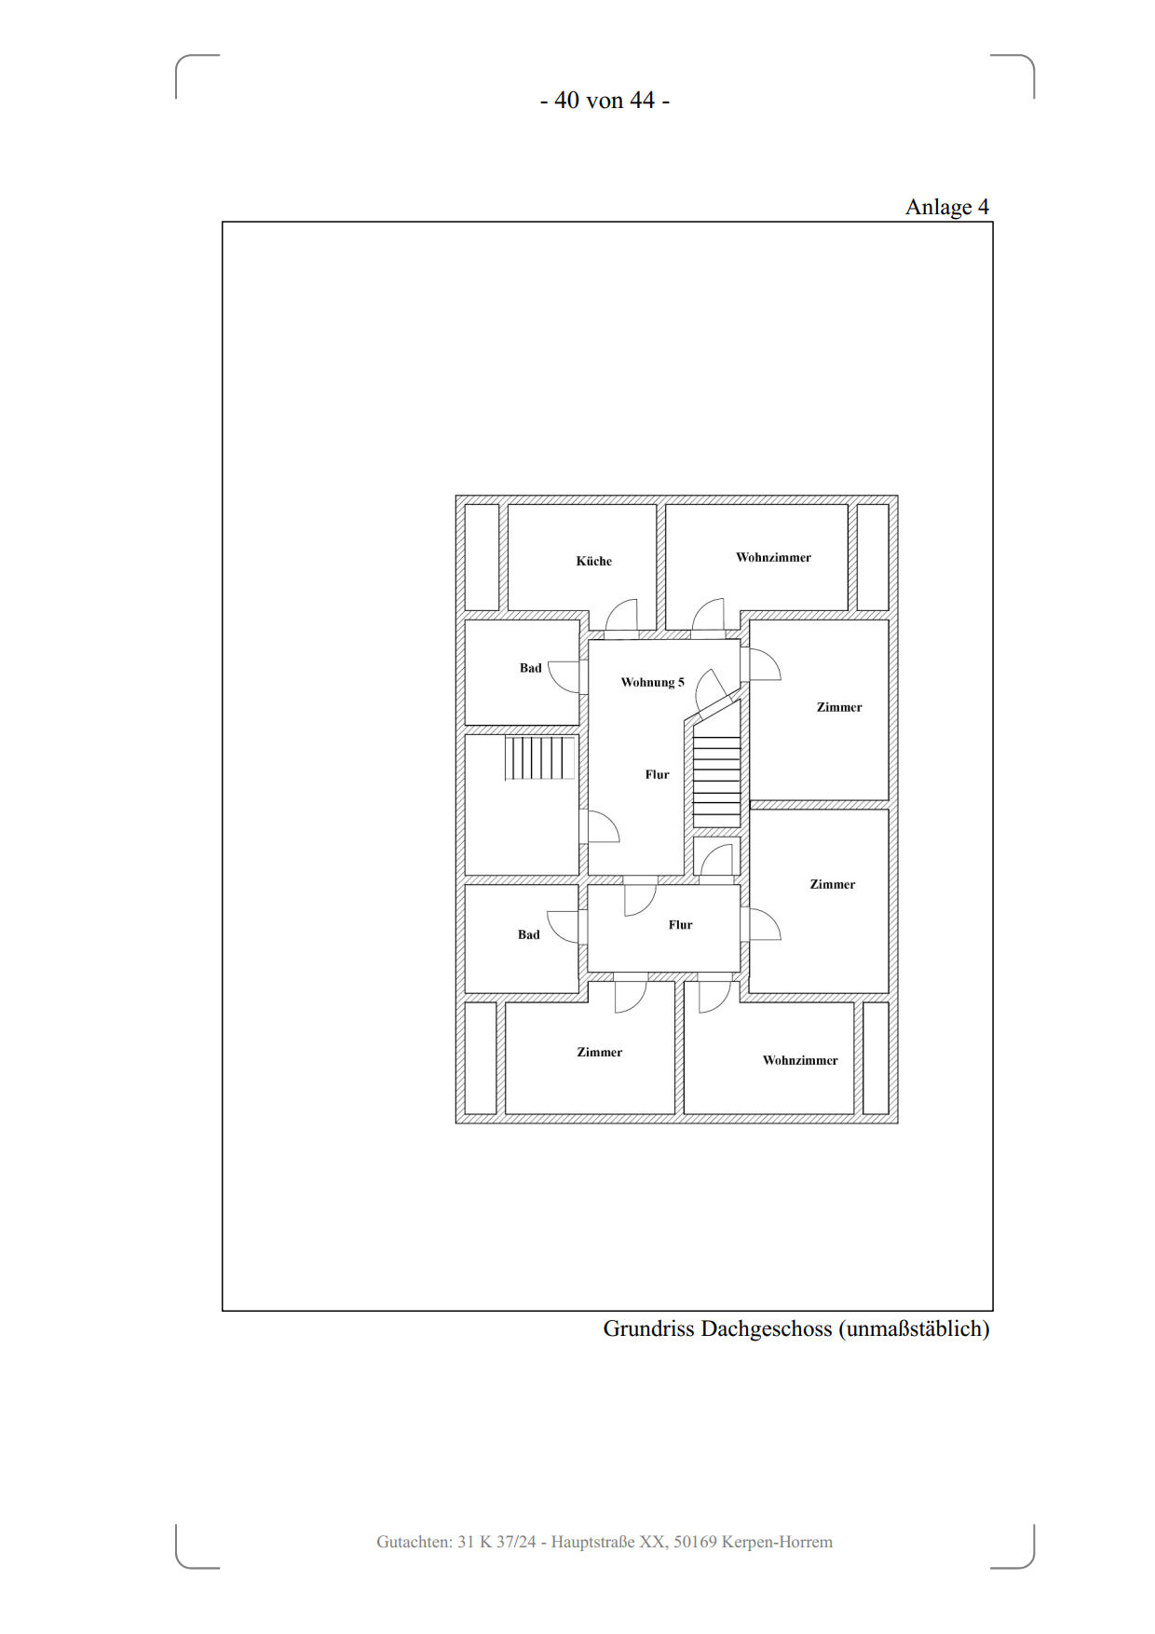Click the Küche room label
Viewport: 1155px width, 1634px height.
593,561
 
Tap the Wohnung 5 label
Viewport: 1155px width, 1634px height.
652,682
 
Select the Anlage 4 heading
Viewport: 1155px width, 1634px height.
947,207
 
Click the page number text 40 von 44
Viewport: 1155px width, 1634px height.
605,100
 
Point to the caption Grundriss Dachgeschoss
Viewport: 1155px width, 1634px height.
717,1328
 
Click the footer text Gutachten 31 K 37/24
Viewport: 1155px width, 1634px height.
456,1542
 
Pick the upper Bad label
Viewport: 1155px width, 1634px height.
530,668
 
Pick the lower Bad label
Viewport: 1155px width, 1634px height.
528,934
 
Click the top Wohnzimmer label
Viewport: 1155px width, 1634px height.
773,557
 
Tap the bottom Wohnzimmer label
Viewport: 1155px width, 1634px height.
800,1060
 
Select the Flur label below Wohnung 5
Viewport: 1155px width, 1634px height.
657,774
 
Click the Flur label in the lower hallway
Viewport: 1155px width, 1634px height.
680,924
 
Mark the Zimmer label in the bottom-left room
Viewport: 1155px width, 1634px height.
599,1052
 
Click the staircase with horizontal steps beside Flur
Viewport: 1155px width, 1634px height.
717,782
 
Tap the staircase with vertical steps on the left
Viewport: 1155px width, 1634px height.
540,758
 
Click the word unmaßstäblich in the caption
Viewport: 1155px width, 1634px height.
914,1328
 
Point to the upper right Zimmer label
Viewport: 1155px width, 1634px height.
839,707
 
